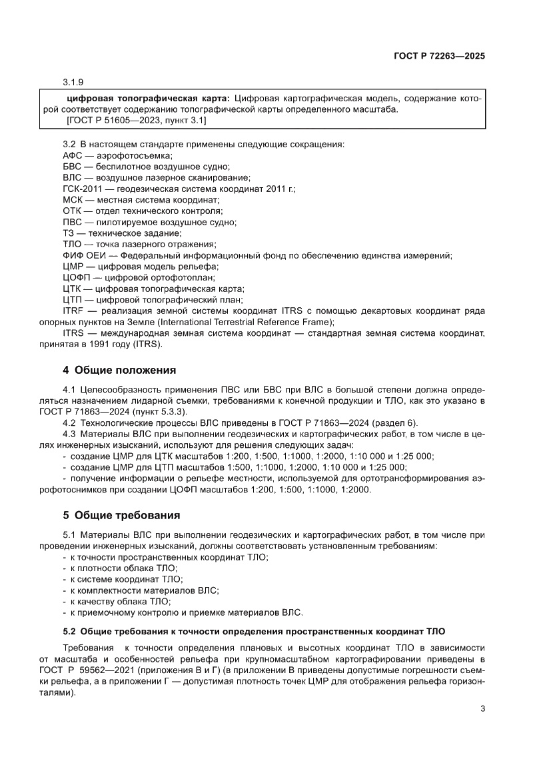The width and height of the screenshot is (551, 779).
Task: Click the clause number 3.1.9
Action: click(x=73, y=83)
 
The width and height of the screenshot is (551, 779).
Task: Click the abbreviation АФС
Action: click(x=72, y=155)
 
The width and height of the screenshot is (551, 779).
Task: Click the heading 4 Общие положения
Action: click(x=119, y=370)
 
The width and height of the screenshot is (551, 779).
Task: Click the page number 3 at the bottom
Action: click(x=482, y=708)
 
